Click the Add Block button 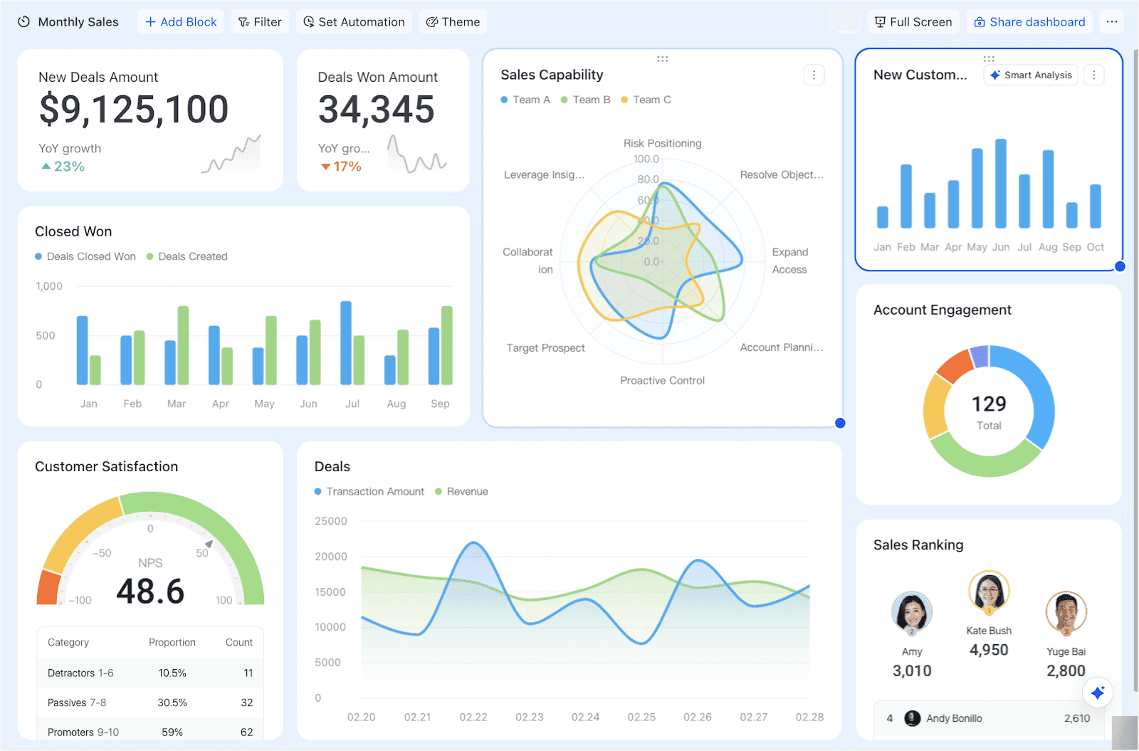[x=181, y=22]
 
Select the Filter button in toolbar [x=260, y=22]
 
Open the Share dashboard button [x=1029, y=22]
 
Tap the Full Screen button [x=913, y=22]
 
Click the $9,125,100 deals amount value [x=134, y=110]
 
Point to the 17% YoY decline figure [x=342, y=167]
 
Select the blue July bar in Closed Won [x=346, y=342]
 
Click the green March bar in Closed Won [x=183, y=345]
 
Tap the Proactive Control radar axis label [x=662, y=381]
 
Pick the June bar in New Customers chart [x=1001, y=184]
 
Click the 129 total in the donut [x=989, y=404]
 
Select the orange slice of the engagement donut [x=954, y=365]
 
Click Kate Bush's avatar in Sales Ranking [x=989, y=591]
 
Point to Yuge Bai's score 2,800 [x=1066, y=671]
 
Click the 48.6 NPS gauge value [x=150, y=592]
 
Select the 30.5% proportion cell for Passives [x=172, y=703]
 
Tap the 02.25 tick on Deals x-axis [x=641, y=717]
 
